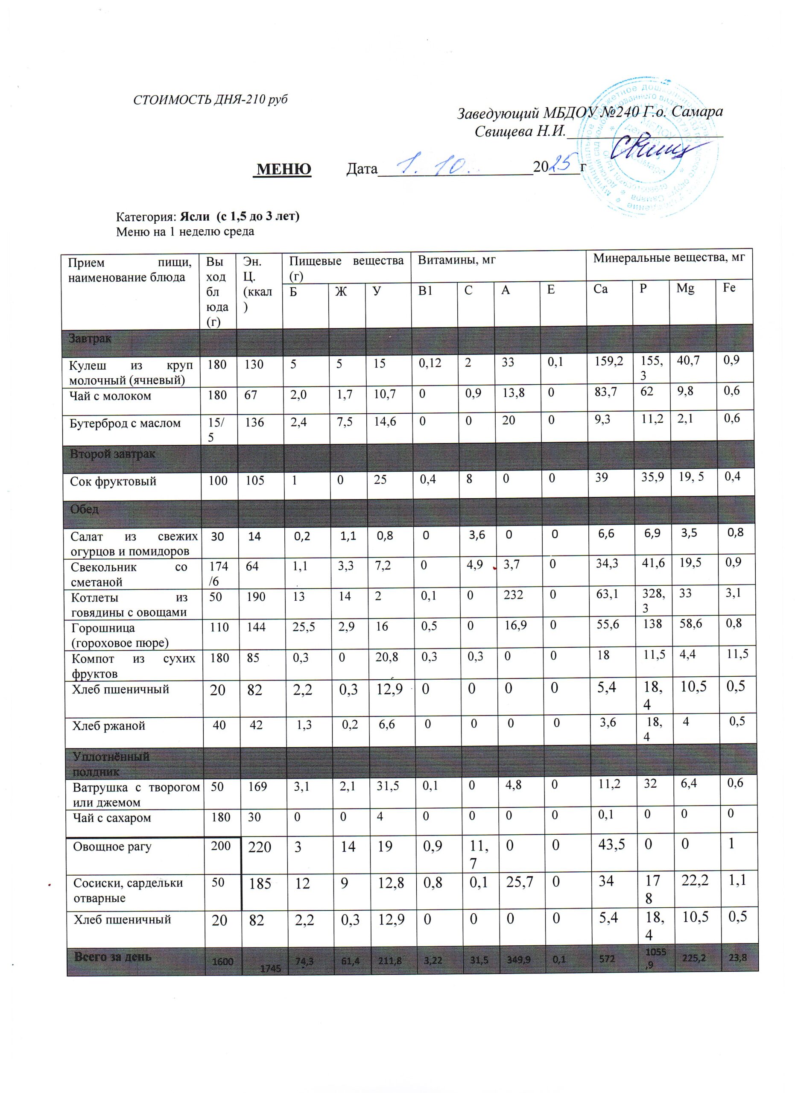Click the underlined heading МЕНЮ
[284, 169]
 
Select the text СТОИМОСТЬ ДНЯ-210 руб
[210, 100]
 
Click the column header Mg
[685, 289]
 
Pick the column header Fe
[729, 288]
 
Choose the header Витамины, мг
[456, 260]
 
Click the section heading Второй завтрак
[113, 454]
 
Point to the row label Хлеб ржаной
[108, 726]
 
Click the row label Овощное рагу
[112, 846]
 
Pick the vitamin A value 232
[513, 595]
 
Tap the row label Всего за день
[113, 957]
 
